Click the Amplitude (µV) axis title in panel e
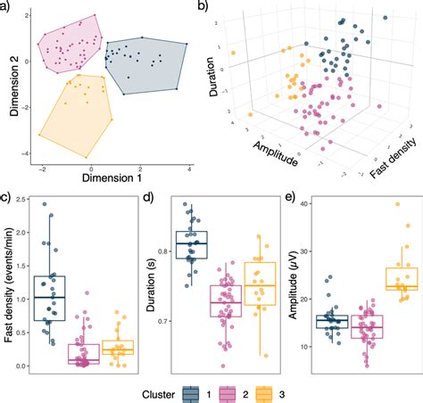click(292, 283)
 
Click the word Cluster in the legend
click(157, 391)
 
